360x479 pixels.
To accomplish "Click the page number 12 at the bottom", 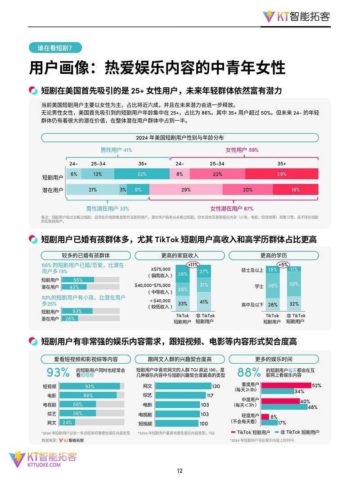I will pyautogui.click(x=180, y=470).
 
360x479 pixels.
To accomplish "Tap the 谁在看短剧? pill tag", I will pyautogui.click(x=55, y=48).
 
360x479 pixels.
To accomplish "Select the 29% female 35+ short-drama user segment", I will pyautogui.click(x=282, y=174).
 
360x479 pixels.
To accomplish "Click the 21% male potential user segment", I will pyautogui.click(x=93, y=190).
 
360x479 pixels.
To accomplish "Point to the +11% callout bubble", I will pyautogui.click(x=193, y=265).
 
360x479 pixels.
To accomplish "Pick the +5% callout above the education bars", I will pyautogui.click(x=283, y=265).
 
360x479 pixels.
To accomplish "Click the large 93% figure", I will pyautogui.click(x=58, y=372).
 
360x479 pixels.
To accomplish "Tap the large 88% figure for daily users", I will pyautogui.click(x=249, y=372).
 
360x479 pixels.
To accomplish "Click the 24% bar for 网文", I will pyautogui.click(x=67, y=423).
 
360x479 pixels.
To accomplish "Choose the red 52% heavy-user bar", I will pyautogui.click(x=286, y=385).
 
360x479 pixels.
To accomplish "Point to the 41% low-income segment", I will pyautogui.click(x=204, y=302).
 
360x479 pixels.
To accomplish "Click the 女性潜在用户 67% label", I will pyautogui.click(x=232, y=208).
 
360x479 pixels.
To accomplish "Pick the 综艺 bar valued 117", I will pyautogui.click(x=171, y=395).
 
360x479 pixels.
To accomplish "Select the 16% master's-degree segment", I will pyautogui.click(x=273, y=270).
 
